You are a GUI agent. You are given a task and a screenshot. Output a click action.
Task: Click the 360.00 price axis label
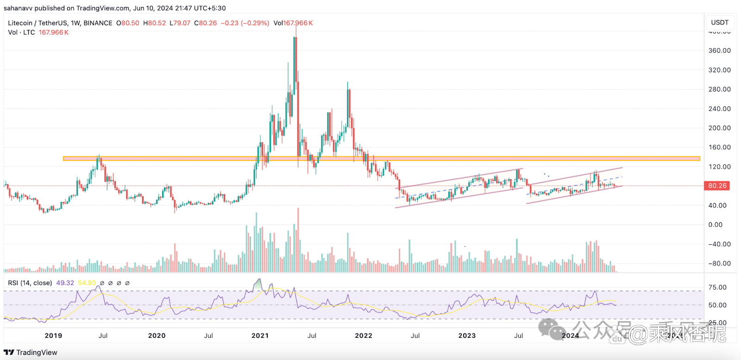tap(719, 51)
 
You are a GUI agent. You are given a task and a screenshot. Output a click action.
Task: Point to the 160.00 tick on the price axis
tap(719, 147)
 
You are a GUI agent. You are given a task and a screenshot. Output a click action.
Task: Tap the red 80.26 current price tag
tap(717, 186)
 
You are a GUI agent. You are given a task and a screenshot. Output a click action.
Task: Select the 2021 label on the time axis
tap(260, 335)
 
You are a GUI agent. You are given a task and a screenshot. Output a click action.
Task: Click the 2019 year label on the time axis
tap(53, 335)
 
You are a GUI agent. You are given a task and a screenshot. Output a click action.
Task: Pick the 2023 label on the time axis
tap(467, 335)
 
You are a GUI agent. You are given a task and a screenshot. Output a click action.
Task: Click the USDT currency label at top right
tap(720, 22)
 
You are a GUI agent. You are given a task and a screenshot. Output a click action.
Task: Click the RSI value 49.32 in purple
tap(65, 283)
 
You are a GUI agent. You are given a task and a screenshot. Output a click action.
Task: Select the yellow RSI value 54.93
tap(87, 283)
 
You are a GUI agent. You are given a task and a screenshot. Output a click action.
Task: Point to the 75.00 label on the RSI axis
tap(717, 287)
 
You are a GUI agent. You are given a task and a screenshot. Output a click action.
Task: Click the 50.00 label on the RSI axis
tap(717, 305)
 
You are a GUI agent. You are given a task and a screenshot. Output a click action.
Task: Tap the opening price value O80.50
tap(128, 23)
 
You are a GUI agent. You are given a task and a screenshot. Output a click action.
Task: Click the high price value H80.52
tap(155, 23)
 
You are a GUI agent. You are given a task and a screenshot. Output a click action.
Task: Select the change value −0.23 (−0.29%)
tap(245, 23)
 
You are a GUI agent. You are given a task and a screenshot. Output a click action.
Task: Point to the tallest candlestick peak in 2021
tap(295, 37)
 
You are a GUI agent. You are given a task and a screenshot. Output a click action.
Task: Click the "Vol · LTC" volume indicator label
tap(21, 32)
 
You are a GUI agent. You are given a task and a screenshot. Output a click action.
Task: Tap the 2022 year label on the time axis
tap(364, 335)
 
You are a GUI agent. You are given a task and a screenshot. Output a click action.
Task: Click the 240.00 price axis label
tap(719, 108)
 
